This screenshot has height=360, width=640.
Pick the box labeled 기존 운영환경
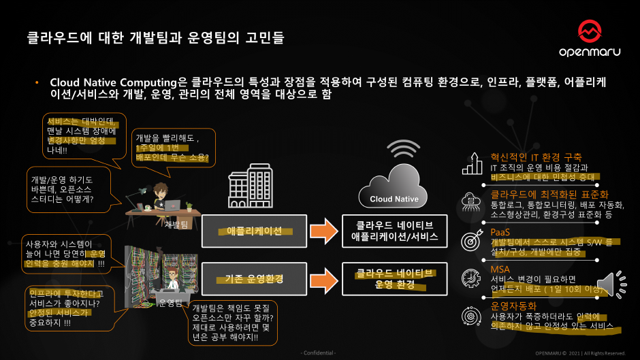click(254, 279)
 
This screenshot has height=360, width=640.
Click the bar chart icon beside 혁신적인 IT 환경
click(470, 163)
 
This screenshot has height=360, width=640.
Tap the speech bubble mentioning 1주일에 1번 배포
click(172, 147)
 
